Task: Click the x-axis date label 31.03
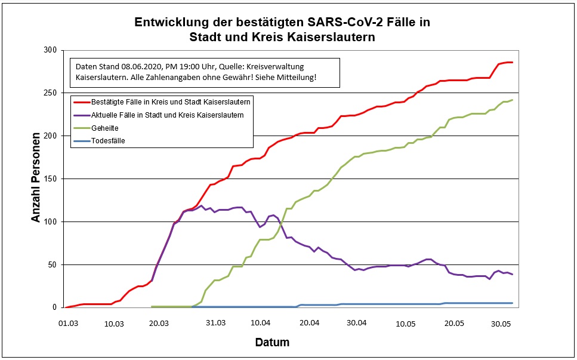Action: [215, 323]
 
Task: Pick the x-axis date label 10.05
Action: [405, 323]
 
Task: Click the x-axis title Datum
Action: [272, 343]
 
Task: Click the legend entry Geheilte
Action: [104, 128]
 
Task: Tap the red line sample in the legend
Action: [82, 101]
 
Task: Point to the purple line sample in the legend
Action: [82, 115]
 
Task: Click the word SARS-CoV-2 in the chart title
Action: [344, 23]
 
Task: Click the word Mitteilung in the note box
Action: [295, 78]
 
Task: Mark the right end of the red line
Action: [512, 62]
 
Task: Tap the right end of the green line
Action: [512, 100]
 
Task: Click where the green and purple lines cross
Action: [282, 221]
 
